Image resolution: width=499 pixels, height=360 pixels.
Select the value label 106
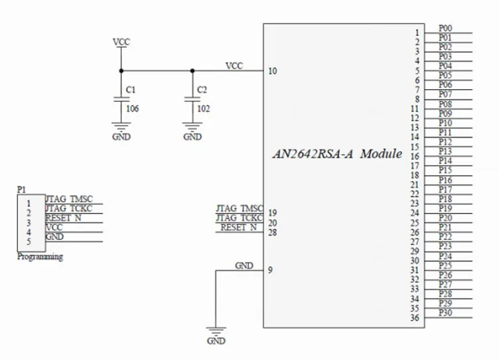click(x=132, y=108)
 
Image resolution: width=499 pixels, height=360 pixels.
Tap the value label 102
click(x=204, y=108)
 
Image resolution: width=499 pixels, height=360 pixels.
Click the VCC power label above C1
click(x=121, y=42)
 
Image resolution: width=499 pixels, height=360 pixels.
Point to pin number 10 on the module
click(x=272, y=71)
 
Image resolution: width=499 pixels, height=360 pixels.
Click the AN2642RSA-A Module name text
click(x=338, y=154)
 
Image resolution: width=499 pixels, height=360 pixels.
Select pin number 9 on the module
click(x=269, y=270)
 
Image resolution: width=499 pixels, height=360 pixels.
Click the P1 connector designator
click(x=21, y=190)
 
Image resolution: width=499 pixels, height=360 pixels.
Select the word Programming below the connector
click(x=40, y=257)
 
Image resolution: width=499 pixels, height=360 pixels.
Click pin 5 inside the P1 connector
click(x=29, y=242)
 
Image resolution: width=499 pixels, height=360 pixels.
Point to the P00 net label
click(x=446, y=28)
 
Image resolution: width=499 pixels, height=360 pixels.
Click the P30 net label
click(x=446, y=313)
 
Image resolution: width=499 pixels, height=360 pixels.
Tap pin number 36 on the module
click(x=415, y=318)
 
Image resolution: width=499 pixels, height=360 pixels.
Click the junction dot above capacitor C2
click(x=192, y=70)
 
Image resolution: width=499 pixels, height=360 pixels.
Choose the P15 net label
click(x=446, y=170)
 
